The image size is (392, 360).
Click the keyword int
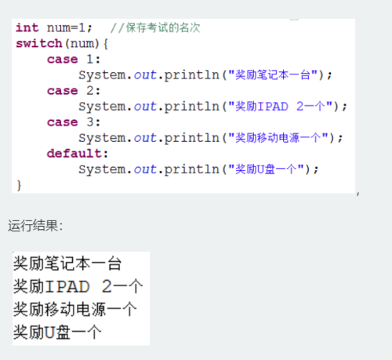click(27, 27)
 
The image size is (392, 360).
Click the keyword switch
click(39, 43)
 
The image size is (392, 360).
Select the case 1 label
click(74, 60)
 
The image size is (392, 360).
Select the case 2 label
click(74, 91)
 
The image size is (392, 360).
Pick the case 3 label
click(74, 122)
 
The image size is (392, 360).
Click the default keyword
click(74, 154)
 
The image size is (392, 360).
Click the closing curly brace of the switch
click(19, 185)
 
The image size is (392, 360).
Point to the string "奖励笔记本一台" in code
click(273, 75)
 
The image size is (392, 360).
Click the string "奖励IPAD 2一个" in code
click(280, 107)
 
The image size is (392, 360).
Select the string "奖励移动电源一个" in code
click(278, 138)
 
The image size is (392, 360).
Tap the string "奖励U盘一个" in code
click(266, 169)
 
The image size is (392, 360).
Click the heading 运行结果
click(35, 226)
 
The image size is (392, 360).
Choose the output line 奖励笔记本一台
click(67, 264)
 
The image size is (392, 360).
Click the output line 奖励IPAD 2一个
click(78, 286)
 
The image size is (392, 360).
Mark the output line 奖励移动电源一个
click(75, 309)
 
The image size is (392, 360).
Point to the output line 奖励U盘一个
click(57, 332)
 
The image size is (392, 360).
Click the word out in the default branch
click(145, 169)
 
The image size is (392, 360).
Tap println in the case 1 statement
click(191, 75)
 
